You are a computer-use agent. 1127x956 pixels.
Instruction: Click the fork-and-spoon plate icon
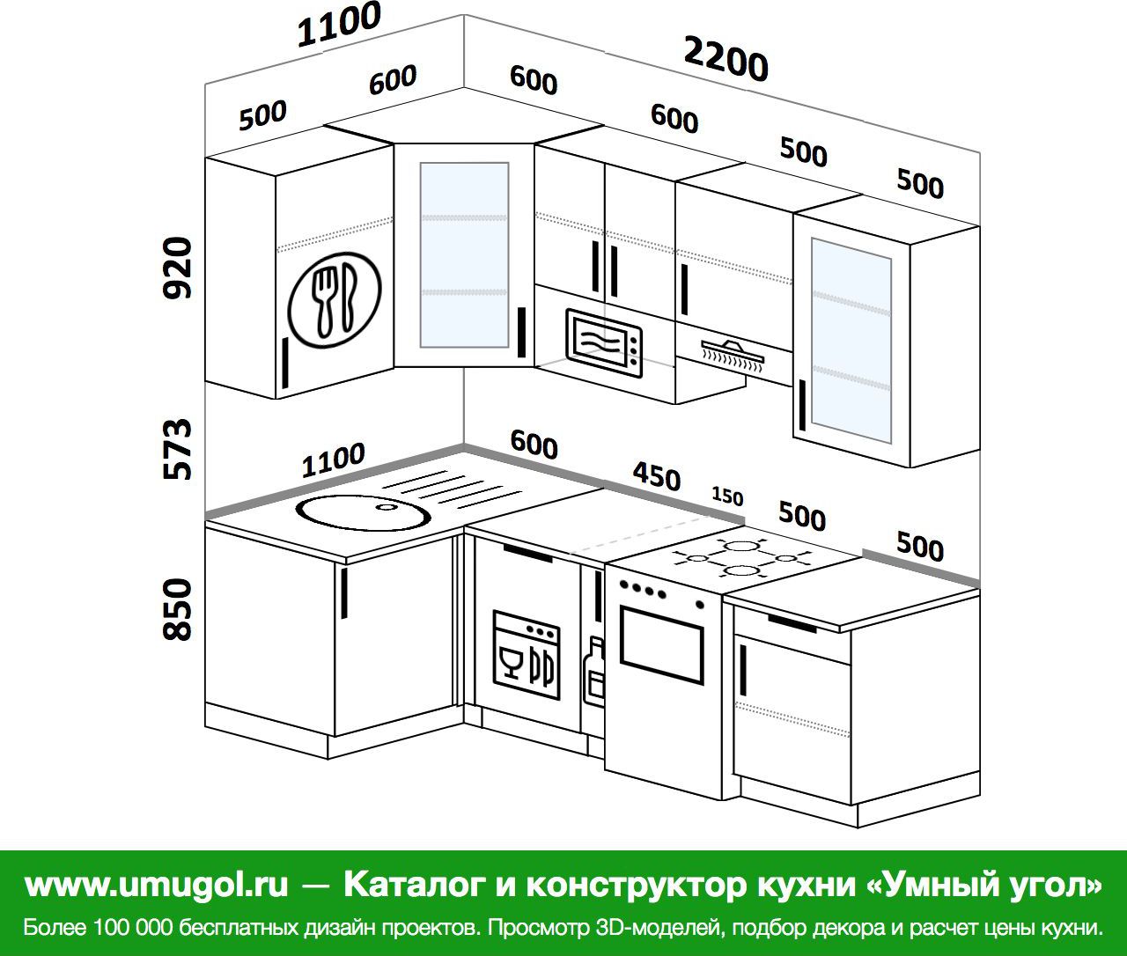335,300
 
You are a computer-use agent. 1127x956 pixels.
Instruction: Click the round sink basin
362,510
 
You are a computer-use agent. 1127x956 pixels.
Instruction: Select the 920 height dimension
179,268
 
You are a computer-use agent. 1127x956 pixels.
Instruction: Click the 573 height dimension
179,449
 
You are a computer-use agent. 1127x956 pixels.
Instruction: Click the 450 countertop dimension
657,477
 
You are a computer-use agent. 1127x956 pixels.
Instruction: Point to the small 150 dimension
727,496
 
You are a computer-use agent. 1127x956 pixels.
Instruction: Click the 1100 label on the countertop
333,460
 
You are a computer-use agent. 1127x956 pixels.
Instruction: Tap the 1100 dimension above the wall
339,25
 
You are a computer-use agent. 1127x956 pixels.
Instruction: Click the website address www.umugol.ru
157,886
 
